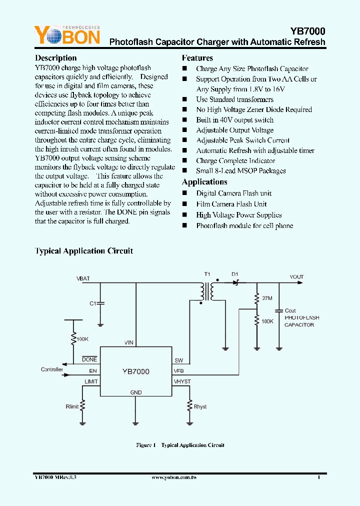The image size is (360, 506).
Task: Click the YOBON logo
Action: click(x=67, y=35)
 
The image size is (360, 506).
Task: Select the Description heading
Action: click(x=55, y=58)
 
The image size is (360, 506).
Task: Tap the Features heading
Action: click(x=197, y=58)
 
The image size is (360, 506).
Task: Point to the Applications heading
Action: click(x=204, y=182)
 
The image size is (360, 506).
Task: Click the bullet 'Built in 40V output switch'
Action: click(x=234, y=120)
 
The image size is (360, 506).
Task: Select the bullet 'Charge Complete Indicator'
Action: click(x=235, y=161)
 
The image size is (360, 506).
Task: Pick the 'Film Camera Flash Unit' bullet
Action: click(x=231, y=204)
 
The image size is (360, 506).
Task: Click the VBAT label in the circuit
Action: click(x=83, y=278)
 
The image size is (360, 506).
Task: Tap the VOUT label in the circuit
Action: click(x=296, y=277)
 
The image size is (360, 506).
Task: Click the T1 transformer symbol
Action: click(x=207, y=291)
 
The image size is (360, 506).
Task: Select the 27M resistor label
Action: click(x=267, y=298)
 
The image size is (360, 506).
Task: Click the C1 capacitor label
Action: click(x=92, y=303)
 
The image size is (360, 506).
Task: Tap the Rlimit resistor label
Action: click(x=72, y=406)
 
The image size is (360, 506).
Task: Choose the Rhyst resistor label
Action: click(x=200, y=406)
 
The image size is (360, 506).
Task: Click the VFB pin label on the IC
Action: click(x=179, y=371)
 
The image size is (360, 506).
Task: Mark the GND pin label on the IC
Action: click(x=135, y=392)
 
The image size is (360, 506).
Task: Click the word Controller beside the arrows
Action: click(x=52, y=369)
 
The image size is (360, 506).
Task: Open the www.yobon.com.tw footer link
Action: click(x=179, y=478)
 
